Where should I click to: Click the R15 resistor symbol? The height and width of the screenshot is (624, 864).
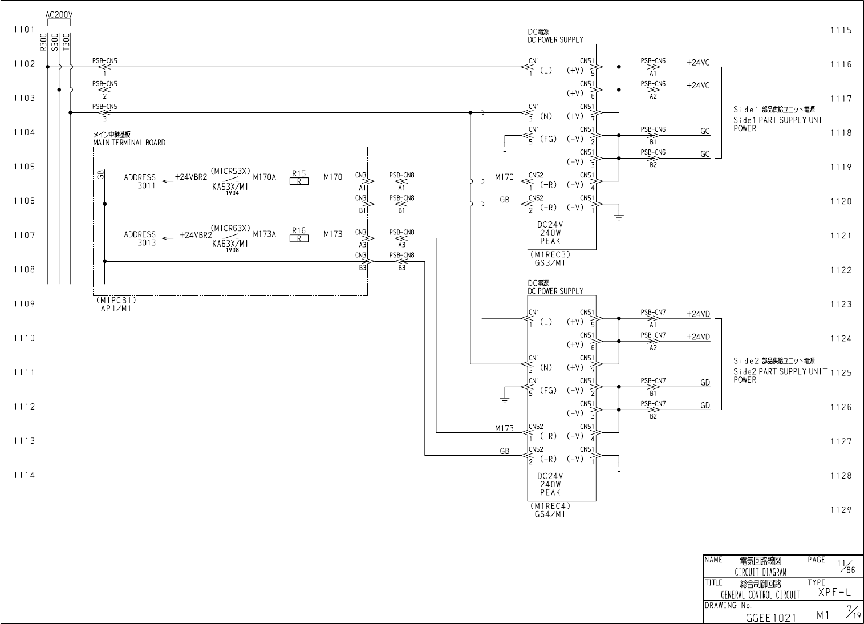pos(299,181)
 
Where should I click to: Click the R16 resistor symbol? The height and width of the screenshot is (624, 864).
pos(299,238)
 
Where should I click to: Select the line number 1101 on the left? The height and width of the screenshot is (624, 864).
pos(25,30)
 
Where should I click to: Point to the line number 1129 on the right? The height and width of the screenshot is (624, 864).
pos(841,510)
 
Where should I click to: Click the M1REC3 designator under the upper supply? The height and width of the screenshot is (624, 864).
pos(550,254)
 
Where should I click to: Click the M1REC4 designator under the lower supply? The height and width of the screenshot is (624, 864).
pos(550,505)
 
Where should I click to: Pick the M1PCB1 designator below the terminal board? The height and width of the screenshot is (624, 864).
pos(116,300)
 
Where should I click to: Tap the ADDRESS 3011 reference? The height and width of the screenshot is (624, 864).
pos(140,181)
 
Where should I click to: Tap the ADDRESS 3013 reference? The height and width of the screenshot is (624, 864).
pos(140,238)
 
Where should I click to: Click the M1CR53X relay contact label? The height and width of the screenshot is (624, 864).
pos(230,171)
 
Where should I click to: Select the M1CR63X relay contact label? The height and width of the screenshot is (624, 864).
pos(230,228)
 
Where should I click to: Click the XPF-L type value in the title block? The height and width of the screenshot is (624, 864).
pos(834,593)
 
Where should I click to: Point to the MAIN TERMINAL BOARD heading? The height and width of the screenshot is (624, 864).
pos(129,143)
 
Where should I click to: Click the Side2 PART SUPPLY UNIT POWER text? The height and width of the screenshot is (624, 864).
pos(779,371)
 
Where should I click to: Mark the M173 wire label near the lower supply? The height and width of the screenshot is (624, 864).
pos(504,428)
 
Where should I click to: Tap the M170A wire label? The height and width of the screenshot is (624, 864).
pos(264,177)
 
